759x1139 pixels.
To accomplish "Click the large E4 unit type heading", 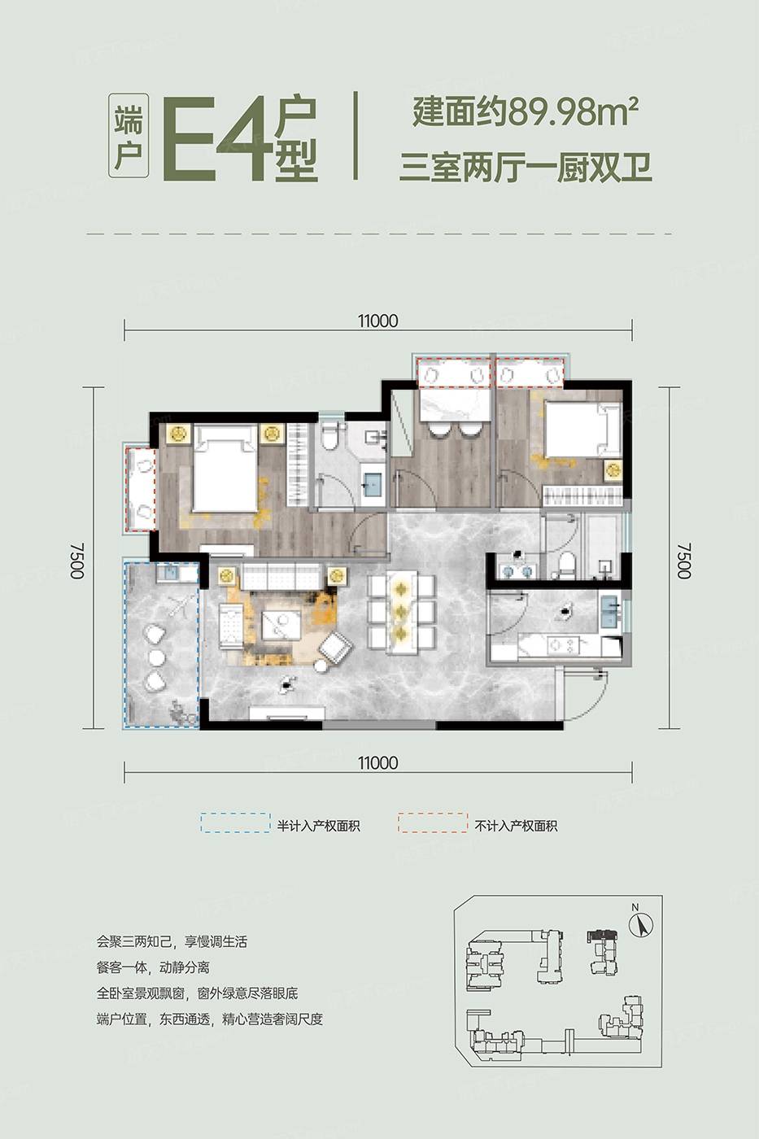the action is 217,137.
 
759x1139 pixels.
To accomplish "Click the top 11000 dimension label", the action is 377,321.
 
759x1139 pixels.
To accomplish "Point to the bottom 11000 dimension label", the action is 377,763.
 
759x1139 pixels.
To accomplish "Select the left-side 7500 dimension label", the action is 76,560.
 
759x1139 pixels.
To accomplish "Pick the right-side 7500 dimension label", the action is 684,560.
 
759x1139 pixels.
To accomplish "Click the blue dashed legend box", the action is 235,823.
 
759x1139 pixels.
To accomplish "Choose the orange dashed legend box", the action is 433,823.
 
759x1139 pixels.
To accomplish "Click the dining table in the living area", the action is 402,612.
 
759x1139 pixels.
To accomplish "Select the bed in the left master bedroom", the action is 224,469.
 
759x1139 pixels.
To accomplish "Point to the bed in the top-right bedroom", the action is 583,428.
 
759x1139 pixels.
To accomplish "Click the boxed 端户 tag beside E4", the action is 129,135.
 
